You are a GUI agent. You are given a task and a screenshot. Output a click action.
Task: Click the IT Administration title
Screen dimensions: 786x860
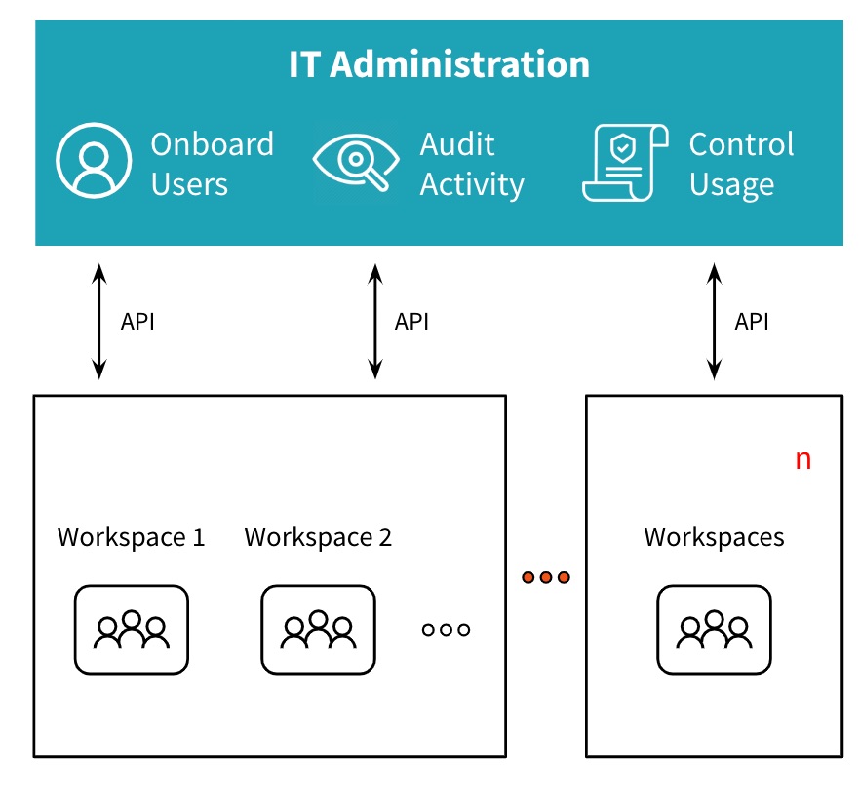pyautogui.click(x=439, y=65)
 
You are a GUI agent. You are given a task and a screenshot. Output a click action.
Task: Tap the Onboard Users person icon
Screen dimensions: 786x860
pyautogui.click(x=94, y=162)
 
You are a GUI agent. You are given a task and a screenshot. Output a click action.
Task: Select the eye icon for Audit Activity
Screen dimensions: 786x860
pyautogui.click(x=355, y=163)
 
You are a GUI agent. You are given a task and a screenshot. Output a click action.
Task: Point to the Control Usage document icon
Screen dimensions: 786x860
pyautogui.click(x=624, y=162)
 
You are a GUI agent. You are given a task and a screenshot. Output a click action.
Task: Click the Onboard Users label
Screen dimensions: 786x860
pyautogui.click(x=212, y=164)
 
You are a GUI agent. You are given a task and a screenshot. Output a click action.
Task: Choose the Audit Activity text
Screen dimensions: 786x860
pyautogui.click(x=472, y=164)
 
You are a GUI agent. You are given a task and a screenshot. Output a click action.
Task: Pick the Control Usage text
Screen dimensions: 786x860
pyautogui.click(x=741, y=164)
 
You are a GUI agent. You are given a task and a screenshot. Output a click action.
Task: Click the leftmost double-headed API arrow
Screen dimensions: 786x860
pyautogui.click(x=98, y=321)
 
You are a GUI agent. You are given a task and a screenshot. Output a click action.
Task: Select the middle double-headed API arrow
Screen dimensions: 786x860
pyautogui.click(x=374, y=321)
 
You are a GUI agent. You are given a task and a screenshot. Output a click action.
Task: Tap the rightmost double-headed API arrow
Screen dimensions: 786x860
pyautogui.click(x=715, y=321)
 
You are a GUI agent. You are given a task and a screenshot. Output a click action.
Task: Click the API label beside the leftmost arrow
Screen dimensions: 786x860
pyautogui.click(x=137, y=322)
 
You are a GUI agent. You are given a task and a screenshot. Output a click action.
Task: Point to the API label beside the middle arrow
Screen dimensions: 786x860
pyautogui.click(x=411, y=322)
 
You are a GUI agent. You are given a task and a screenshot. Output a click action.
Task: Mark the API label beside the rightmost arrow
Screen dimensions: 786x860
pyautogui.click(x=752, y=322)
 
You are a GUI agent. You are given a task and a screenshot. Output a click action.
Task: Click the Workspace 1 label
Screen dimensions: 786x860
pyautogui.click(x=132, y=537)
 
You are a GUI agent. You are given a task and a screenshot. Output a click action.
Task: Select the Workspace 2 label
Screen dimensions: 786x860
pyautogui.click(x=318, y=537)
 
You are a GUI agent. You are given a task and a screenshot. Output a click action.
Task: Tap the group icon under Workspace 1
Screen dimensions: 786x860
pyautogui.click(x=132, y=629)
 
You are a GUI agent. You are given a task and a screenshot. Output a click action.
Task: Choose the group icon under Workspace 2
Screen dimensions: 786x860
pyautogui.click(x=318, y=629)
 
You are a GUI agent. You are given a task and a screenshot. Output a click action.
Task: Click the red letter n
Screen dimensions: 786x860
pyautogui.click(x=802, y=460)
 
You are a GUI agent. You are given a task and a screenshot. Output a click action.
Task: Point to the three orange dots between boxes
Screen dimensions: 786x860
pyautogui.click(x=546, y=577)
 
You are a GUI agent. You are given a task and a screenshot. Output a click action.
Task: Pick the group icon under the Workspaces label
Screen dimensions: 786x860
pyautogui.click(x=715, y=629)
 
